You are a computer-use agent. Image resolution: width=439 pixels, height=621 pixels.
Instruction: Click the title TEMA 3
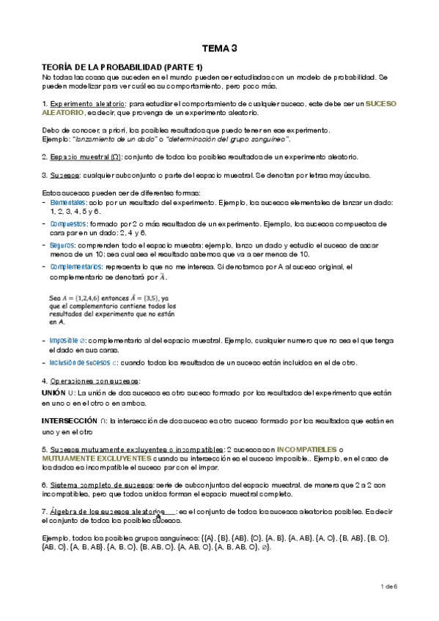[x=220, y=49]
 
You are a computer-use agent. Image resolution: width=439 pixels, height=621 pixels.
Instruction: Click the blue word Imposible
[x=66, y=341]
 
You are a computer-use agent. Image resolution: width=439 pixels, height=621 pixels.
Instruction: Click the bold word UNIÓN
[x=54, y=394]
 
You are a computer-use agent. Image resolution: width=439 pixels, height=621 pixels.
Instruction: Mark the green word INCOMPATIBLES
[x=307, y=448]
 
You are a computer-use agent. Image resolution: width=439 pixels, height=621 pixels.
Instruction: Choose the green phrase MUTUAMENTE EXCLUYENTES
[x=93, y=457]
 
